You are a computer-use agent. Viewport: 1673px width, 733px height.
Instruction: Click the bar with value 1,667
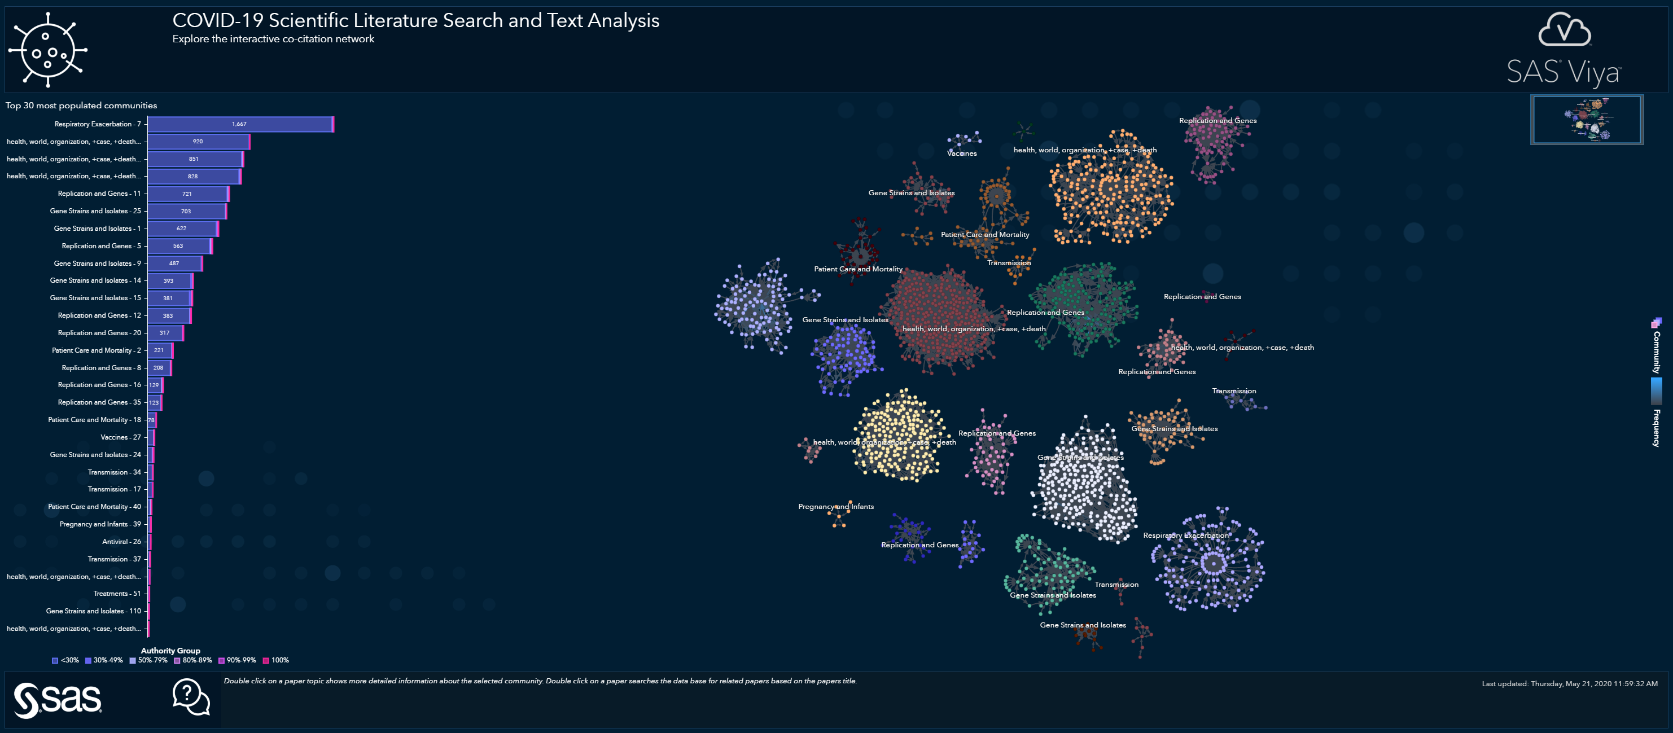click(x=240, y=124)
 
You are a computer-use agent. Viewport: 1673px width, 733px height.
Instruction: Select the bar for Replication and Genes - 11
click(x=188, y=194)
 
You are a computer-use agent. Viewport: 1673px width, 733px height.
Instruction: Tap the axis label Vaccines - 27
click(x=120, y=437)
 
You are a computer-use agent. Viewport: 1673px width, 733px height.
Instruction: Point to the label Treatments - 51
click(x=117, y=594)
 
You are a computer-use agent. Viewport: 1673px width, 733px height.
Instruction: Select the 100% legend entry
click(x=276, y=660)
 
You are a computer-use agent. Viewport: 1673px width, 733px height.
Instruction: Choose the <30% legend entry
click(x=65, y=660)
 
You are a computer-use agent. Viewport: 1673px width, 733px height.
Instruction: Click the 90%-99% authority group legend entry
click(x=237, y=660)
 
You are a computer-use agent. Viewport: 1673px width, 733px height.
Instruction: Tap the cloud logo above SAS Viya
click(x=1564, y=30)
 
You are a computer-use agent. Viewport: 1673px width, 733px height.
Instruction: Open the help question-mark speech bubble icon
click(x=191, y=697)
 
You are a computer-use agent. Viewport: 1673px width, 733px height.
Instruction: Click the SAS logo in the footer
click(x=58, y=700)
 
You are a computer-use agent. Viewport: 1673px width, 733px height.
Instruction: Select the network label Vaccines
click(x=961, y=153)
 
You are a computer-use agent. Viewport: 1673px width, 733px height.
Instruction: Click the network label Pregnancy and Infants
click(x=835, y=506)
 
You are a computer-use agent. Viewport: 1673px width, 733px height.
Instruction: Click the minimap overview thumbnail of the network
click(x=1587, y=120)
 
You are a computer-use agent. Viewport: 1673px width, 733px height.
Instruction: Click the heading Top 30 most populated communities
click(x=81, y=105)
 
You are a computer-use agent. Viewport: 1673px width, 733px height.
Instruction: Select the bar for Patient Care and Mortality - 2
click(x=159, y=350)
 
